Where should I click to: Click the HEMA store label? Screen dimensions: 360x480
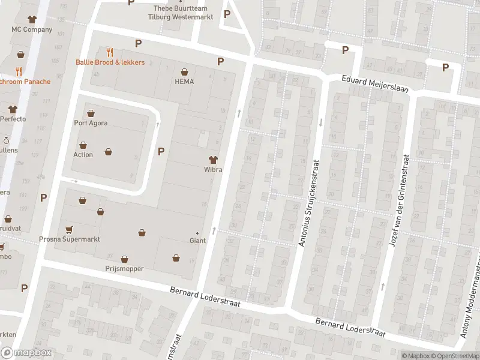(x=184, y=82)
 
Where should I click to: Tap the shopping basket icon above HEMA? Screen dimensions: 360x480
(x=184, y=71)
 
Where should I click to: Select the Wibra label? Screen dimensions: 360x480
(x=212, y=170)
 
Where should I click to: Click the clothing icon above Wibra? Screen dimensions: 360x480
(x=212, y=159)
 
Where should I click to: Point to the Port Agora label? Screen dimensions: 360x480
(x=91, y=124)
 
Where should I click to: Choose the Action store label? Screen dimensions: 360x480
(x=83, y=155)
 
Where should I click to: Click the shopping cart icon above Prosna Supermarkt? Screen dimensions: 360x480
(x=69, y=229)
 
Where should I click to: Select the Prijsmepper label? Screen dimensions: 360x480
(x=124, y=269)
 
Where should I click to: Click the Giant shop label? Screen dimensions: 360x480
(x=197, y=241)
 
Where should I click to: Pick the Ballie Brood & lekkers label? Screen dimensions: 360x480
(x=110, y=62)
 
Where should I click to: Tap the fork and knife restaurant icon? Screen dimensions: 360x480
(x=110, y=52)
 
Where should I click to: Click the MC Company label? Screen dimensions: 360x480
(x=32, y=29)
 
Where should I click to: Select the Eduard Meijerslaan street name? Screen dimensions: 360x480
(x=375, y=83)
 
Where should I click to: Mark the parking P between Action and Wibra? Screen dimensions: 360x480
(x=161, y=151)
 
